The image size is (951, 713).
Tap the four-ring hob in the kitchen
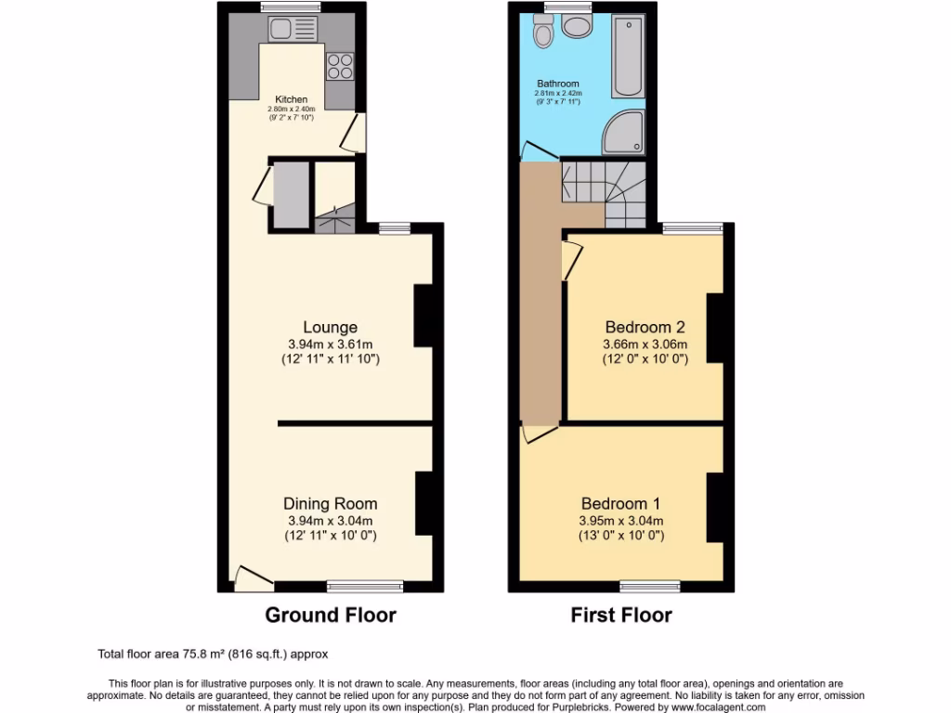[339, 66]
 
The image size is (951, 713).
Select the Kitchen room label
[291, 99]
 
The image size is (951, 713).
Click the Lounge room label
[330, 327]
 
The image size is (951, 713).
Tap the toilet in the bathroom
[544, 33]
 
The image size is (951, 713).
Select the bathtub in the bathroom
[629, 58]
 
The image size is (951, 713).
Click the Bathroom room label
[557, 84]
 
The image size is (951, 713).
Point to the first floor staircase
[602, 188]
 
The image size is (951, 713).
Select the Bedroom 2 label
[645, 327]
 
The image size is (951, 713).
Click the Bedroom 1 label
[620, 504]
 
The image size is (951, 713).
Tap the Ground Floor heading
[331, 615]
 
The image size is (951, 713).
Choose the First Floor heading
[621, 615]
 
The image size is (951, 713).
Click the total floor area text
[213, 654]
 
